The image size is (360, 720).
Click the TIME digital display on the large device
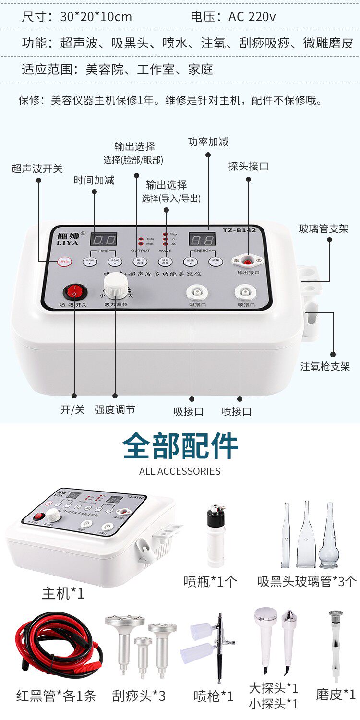click(104, 240)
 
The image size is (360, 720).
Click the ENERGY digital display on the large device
click(202, 240)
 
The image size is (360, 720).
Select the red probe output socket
click(248, 261)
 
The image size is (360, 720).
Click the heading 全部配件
click(180, 446)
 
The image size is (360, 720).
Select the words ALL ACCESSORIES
click(180, 471)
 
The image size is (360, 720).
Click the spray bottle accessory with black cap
click(216, 535)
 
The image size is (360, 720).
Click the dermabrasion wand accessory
click(336, 646)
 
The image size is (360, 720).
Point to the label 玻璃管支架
click(324, 228)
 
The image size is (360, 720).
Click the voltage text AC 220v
click(252, 17)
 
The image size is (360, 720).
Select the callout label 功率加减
click(208, 142)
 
